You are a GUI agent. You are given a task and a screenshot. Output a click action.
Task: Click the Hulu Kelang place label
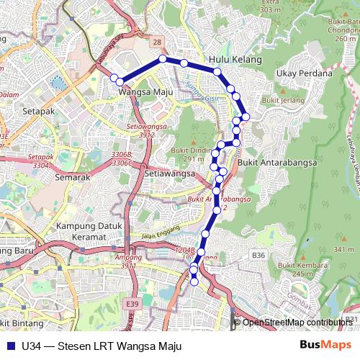tap(235, 60)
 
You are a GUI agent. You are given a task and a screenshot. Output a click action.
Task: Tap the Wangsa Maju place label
tap(142, 92)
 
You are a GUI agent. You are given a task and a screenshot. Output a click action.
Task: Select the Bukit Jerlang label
tap(283, 100)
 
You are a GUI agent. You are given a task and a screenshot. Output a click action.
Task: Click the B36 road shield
tap(258, 255)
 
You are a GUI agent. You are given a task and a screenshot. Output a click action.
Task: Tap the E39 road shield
tap(131, 305)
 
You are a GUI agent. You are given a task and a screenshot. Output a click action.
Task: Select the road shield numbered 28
tap(157, 43)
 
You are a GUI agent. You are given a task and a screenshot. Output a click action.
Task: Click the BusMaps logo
tap(321, 345)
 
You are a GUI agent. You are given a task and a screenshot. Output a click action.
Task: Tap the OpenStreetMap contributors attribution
tap(297, 323)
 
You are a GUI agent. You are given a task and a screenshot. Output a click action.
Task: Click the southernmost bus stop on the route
tap(194, 282)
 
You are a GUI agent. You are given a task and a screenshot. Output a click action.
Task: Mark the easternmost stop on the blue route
tap(246, 116)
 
